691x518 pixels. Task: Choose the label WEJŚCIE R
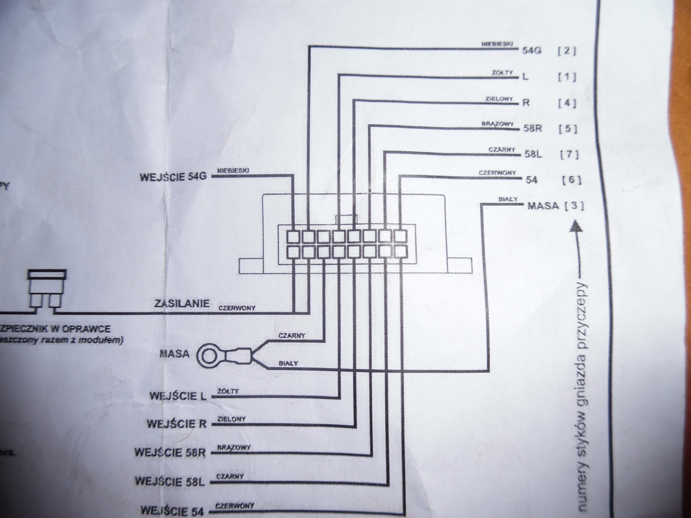tap(176, 424)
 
